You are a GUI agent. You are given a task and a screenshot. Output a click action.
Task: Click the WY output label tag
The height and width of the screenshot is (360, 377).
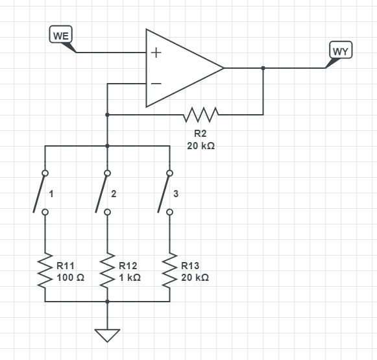(341, 50)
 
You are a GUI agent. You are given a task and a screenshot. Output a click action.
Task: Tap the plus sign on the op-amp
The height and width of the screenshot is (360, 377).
(156, 53)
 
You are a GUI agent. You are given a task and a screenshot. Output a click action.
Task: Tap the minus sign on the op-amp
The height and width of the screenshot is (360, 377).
(156, 84)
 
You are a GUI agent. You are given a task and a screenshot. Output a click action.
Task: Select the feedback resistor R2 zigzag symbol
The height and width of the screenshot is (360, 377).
(201, 115)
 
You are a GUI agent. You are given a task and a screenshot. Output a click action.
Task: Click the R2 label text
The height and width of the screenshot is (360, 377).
(201, 134)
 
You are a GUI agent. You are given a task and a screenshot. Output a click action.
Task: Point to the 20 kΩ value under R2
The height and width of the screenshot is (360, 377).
(201, 146)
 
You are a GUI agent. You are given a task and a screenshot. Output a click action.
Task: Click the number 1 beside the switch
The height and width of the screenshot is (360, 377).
(51, 194)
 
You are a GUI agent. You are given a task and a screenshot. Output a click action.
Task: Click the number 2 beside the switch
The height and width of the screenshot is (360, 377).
(114, 194)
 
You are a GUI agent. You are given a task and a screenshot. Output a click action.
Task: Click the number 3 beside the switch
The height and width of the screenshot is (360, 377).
(176, 194)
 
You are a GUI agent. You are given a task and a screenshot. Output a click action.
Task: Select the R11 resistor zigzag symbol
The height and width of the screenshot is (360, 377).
(45, 270)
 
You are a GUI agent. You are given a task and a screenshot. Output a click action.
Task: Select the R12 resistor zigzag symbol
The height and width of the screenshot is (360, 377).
(107, 270)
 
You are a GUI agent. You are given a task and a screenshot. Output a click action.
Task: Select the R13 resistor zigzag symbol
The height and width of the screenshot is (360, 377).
(169, 270)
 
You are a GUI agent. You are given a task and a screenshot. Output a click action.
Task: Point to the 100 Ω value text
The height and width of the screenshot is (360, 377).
(71, 278)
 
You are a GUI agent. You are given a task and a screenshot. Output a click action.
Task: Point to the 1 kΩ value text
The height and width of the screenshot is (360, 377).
(130, 278)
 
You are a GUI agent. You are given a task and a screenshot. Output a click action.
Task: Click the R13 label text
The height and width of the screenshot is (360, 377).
(190, 266)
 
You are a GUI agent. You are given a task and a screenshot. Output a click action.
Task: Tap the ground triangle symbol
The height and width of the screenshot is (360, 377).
(107, 335)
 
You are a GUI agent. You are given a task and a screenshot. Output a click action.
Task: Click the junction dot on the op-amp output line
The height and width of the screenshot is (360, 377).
(263, 68)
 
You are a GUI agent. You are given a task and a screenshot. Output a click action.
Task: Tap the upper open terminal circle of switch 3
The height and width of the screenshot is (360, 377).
(169, 173)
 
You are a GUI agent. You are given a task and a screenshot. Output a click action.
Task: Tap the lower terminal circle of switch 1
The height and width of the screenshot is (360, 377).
(45, 212)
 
